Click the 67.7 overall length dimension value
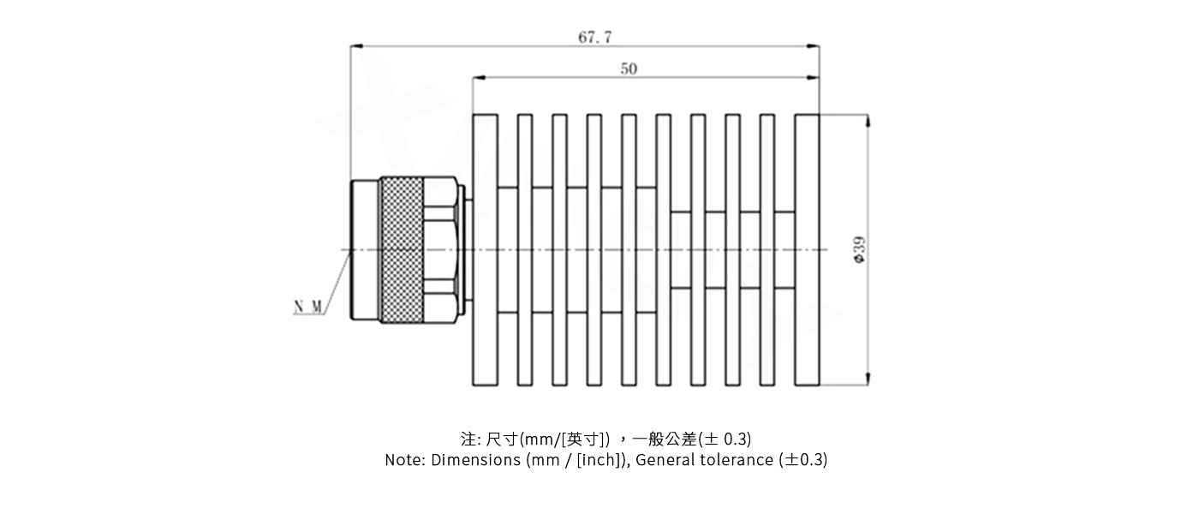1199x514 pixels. [x=594, y=37]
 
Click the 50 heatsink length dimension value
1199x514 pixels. [x=629, y=69]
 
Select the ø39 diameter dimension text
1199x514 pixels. [x=859, y=250]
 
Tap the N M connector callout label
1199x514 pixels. [x=308, y=307]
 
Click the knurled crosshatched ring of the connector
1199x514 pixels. [x=402, y=250]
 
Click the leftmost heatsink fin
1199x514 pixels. [x=485, y=250]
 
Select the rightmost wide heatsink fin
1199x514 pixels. [x=807, y=250]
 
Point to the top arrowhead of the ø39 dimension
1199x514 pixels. [x=869, y=120]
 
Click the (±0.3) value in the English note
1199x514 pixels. [x=803, y=460]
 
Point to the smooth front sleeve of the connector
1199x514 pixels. [x=365, y=250]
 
